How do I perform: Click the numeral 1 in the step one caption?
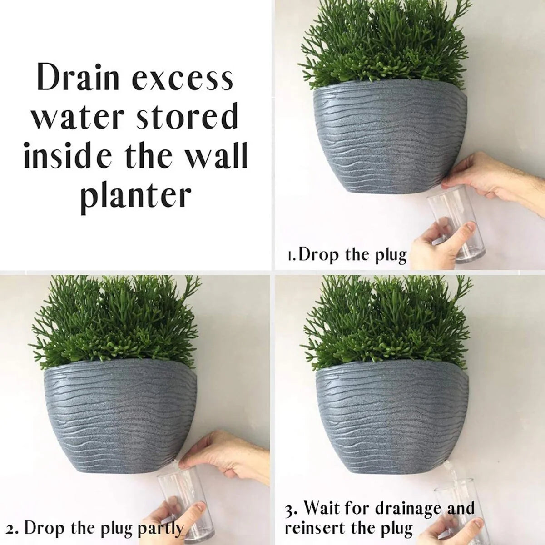coord(291,256)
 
